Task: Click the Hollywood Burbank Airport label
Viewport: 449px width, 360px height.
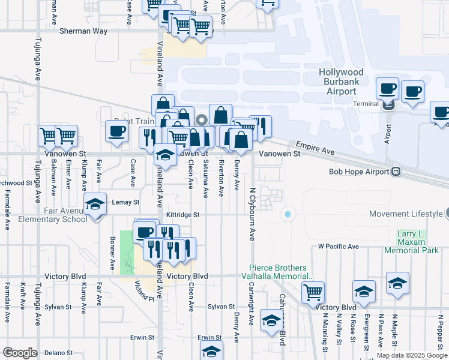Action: (x=341, y=82)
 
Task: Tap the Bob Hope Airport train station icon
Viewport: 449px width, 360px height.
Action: (x=396, y=172)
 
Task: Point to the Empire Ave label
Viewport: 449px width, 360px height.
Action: (x=315, y=148)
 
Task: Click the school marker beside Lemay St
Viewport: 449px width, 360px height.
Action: (x=95, y=204)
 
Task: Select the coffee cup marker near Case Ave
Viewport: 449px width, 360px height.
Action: (x=116, y=130)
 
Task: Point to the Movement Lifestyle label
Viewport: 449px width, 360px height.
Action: (x=406, y=214)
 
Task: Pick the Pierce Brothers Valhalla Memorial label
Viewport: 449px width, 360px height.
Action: (x=282, y=272)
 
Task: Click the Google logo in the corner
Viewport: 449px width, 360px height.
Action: (x=20, y=353)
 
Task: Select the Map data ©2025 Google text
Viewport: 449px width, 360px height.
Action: (x=411, y=355)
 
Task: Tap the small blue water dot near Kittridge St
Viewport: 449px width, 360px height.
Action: (x=288, y=214)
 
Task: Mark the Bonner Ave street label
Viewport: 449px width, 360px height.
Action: (x=112, y=255)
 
